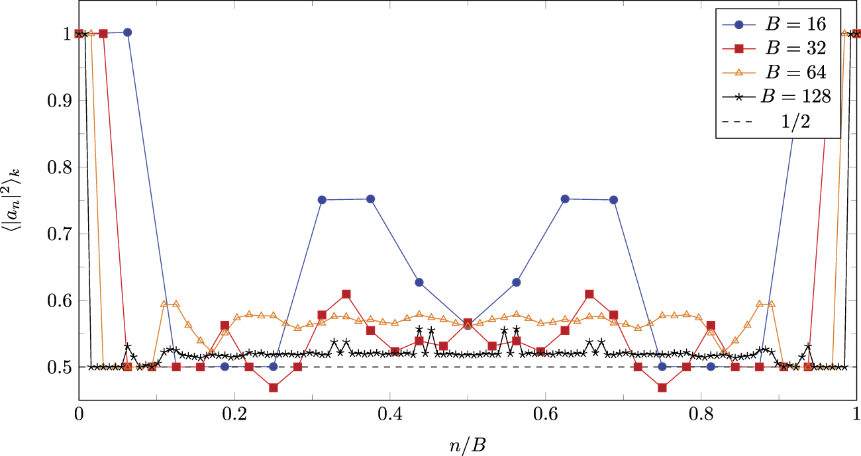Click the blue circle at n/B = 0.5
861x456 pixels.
[468, 326]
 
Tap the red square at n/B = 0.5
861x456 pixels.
[468, 323]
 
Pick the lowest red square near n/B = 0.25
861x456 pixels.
[274, 388]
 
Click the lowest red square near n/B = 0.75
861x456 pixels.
[662, 388]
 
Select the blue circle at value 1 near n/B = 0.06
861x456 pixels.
[128, 32]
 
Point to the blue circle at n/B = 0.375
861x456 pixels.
[371, 199]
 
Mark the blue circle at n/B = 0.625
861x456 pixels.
[565, 199]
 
